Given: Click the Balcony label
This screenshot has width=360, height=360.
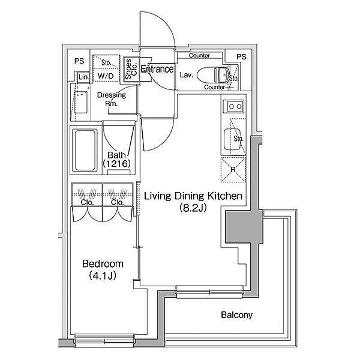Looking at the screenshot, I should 236,315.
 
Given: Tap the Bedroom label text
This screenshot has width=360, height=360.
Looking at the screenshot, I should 103,263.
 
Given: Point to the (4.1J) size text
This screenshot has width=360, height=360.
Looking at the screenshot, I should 103,276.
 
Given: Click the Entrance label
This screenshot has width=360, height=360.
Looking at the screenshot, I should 157,70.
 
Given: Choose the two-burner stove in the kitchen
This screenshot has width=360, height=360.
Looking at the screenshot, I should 233,107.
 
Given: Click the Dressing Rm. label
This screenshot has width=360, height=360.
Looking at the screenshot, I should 111,99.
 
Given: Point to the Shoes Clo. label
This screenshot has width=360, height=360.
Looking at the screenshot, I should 129,70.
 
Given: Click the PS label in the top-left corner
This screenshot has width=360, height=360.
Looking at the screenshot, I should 78,60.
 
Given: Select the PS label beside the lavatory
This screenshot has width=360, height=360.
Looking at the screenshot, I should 241,56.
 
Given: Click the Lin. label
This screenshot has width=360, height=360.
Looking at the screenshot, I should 83,77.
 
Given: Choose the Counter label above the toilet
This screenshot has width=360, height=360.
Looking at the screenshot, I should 199,56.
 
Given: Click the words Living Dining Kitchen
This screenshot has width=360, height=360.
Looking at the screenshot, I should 192,196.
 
